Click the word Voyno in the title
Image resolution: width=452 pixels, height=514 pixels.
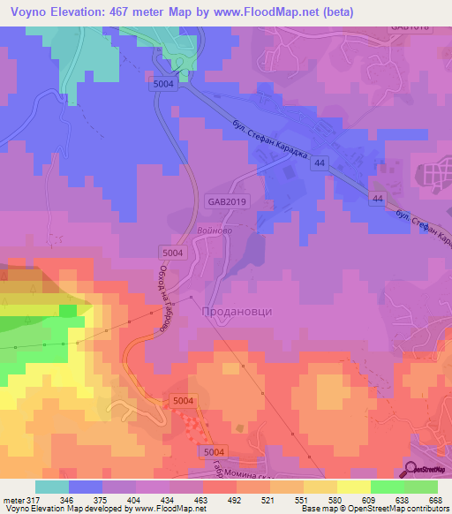31,12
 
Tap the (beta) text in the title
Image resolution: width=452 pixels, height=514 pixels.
380,12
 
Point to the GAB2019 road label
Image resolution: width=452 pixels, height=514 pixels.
227,201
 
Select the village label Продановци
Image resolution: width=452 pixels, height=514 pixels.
237,311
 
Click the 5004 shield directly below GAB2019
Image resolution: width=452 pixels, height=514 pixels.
171,251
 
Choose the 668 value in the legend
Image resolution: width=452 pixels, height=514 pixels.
434,500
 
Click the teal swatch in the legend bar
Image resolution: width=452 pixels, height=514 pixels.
52,487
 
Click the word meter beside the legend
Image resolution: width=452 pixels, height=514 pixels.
13,500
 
